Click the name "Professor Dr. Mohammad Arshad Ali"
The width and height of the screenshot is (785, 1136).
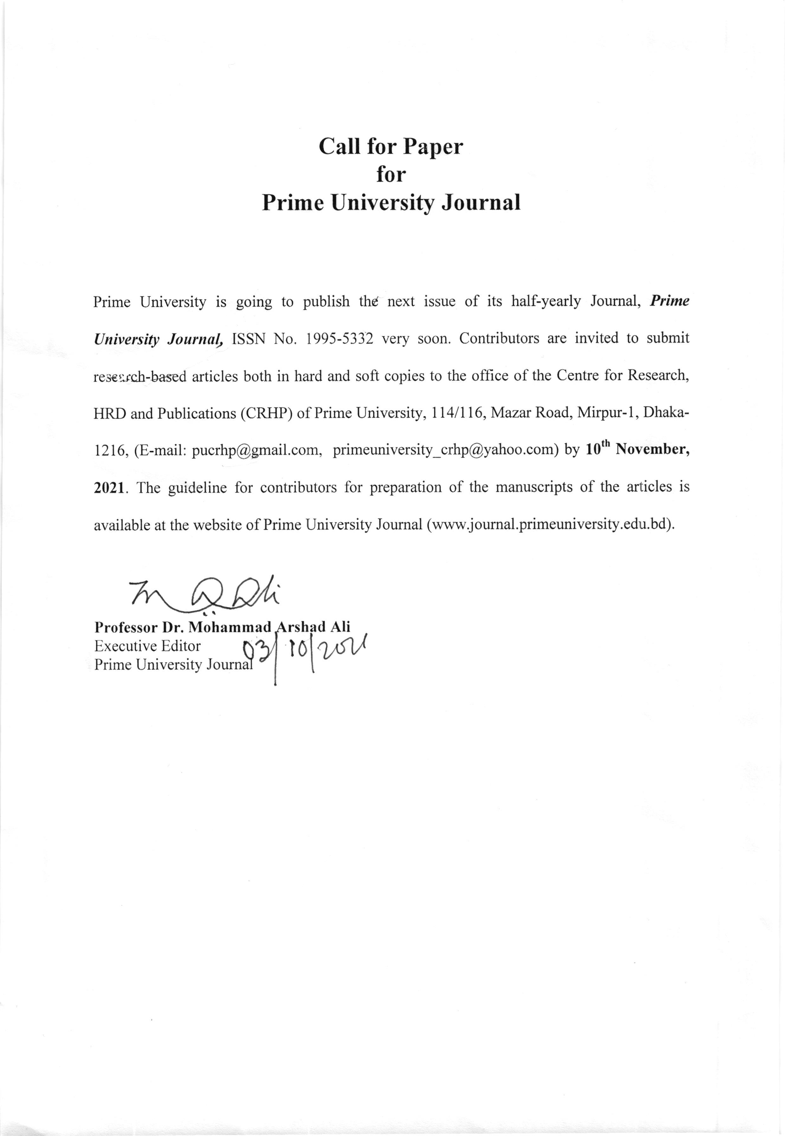[x=222, y=627]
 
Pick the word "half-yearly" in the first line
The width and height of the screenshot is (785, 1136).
[x=546, y=301]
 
